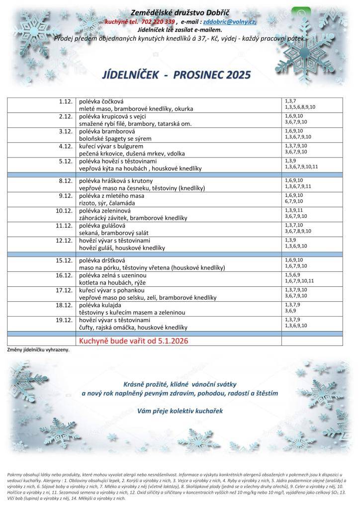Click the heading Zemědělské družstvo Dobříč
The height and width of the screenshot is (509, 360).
[181, 12]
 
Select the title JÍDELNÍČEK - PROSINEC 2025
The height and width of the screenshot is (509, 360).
[176, 75]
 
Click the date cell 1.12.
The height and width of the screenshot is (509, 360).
[66, 101]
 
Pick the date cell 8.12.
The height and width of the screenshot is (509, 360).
[66, 180]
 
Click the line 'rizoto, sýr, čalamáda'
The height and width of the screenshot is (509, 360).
[109, 202]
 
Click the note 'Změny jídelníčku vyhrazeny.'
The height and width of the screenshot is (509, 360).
[38, 349]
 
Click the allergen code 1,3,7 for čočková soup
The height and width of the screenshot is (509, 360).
[290, 101]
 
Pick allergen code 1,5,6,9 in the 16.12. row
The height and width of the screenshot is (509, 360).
[292, 274]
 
